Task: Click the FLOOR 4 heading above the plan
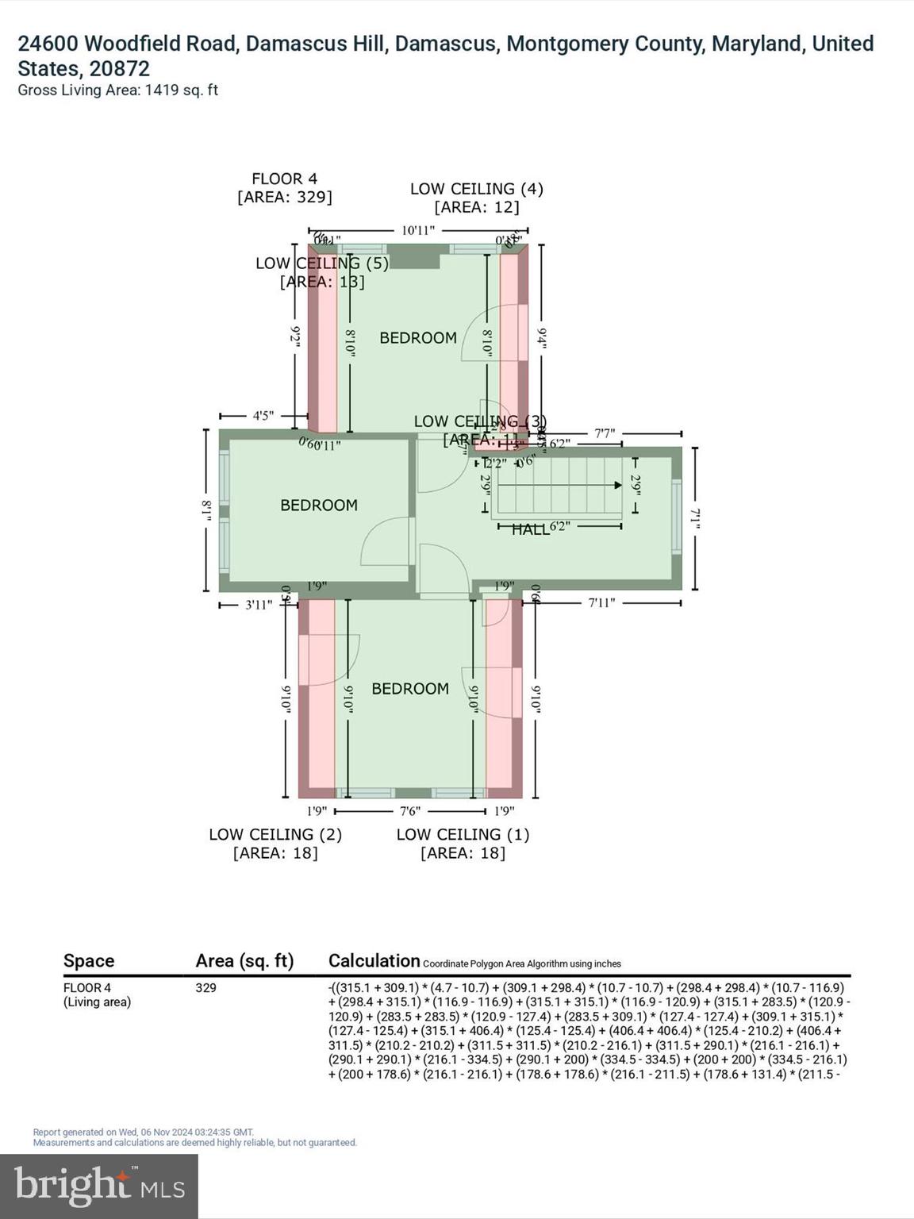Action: [284, 179]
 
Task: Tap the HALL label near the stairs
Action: [530, 529]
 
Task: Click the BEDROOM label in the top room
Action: [418, 338]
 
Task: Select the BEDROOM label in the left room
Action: [319, 506]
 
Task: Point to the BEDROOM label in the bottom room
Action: [410, 689]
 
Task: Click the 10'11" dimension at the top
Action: [418, 231]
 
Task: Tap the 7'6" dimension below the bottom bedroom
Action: [410, 811]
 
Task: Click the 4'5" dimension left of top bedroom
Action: [263, 415]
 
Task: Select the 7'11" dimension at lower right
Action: [601, 603]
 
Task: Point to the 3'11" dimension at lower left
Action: [259, 605]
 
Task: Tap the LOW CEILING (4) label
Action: [476, 189]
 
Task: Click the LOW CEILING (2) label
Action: [275, 835]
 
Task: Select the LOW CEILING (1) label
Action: [463, 835]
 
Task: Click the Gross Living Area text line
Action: [117, 90]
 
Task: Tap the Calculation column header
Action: [374, 961]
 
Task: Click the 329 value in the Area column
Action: [205, 988]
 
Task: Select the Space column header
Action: [89, 961]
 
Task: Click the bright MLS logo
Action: [99, 1186]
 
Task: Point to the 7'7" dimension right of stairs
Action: [605, 433]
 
